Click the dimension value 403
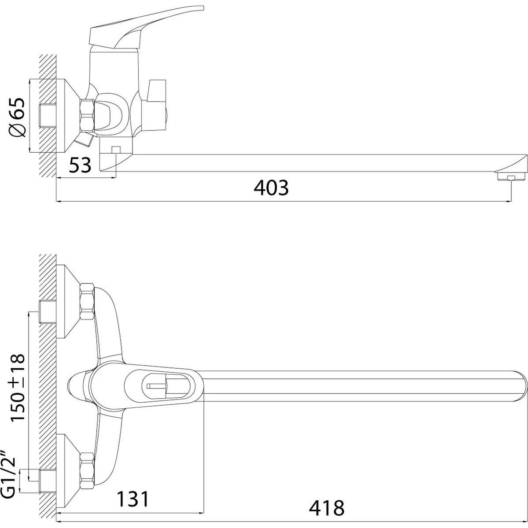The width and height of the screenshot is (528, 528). (271, 188)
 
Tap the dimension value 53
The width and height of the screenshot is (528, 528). (80, 165)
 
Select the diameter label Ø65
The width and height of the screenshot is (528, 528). (17, 117)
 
